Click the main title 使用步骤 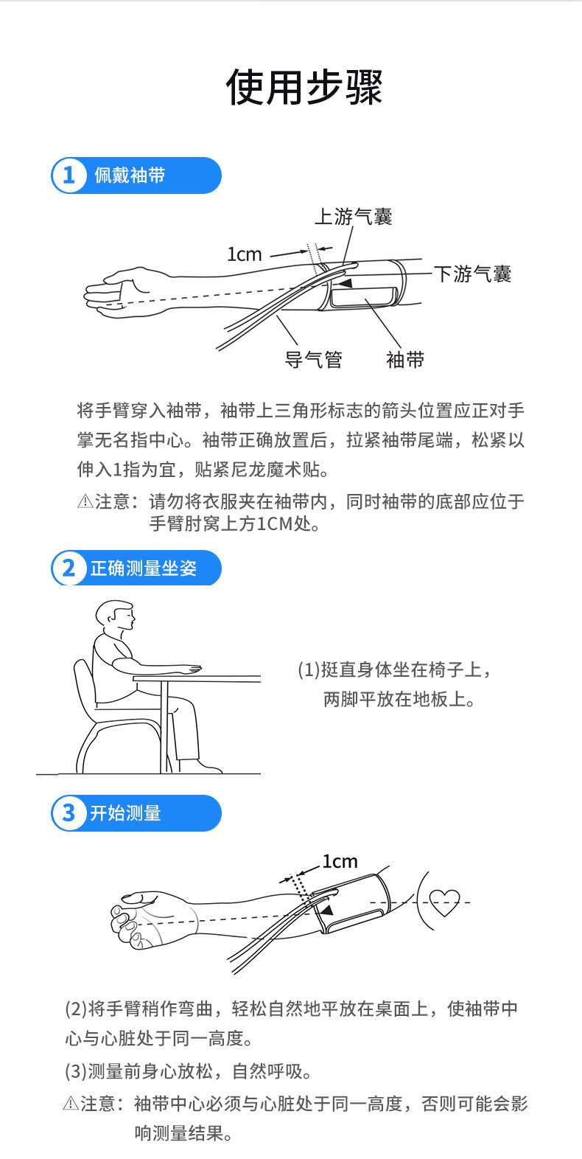[x=304, y=87]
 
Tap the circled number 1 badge [x=69, y=175]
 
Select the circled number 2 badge [x=69, y=568]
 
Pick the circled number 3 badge [x=69, y=813]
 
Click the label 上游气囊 [x=354, y=216]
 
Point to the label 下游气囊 [x=472, y=274]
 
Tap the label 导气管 [x=314, y=359]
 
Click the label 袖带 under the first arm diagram [x=405, y=359]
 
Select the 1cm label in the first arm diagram [x=245, y=254]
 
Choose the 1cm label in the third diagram [x=340, y=861]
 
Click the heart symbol [x=444, y=903]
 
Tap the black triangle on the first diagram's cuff [x=345, y=283]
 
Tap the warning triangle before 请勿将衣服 [x=85, y=501]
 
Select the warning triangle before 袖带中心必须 [x=71, y=1103]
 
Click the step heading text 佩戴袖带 [x=130, y=175]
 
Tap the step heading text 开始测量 [x=125, y=813]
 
